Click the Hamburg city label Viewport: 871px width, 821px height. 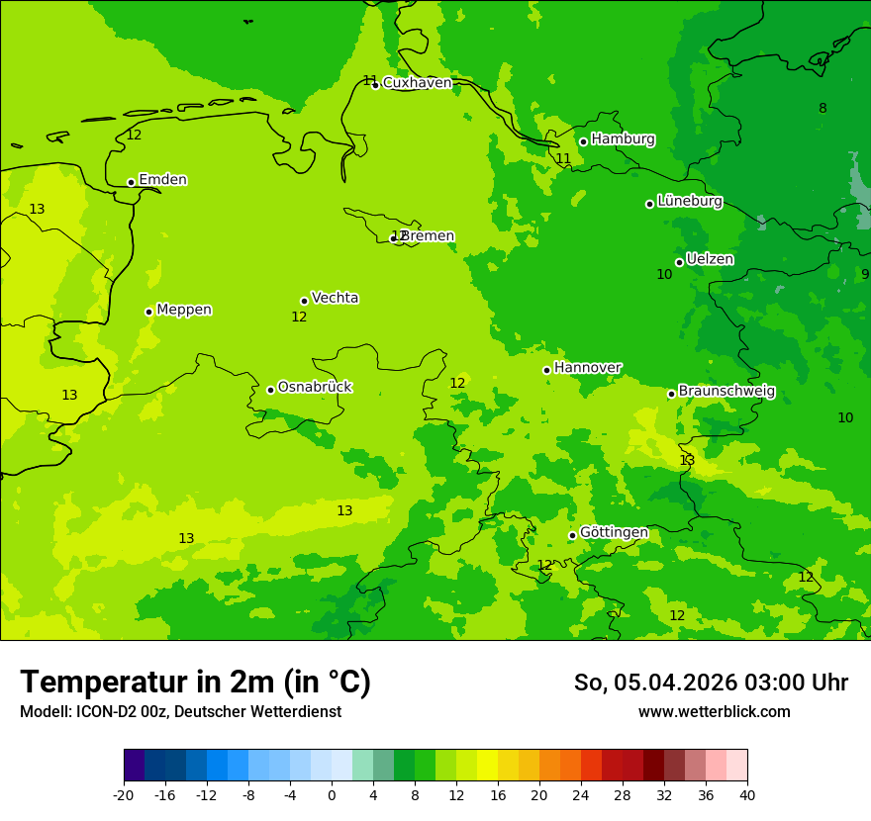click(623, 139)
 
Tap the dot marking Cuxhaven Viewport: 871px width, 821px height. click(375, 85)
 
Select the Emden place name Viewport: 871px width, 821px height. click(162, 180)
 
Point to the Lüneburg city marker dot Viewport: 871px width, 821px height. click(649, 204)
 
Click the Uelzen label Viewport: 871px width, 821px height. click(710, 259)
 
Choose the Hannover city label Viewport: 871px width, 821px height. click(587, 368)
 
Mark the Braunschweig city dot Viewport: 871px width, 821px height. click(671, 394)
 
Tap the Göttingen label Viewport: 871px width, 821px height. click(614, 533)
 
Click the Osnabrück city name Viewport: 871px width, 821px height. click(314, 387)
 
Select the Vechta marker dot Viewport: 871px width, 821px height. click(304, 301)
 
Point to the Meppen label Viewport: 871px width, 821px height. click(184, 310)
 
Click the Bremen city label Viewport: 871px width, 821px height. click(427, 236)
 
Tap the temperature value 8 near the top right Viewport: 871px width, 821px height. click(823, 108)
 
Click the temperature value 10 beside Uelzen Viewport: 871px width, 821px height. click(664, 274)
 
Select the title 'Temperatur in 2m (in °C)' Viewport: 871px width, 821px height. click(195, 682)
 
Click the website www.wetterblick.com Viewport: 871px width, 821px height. click(714, 712)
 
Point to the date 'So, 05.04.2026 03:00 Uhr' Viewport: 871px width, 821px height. click(711, 683)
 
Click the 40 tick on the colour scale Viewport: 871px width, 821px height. click(747, 793)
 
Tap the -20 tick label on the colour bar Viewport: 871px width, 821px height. click(123, 793)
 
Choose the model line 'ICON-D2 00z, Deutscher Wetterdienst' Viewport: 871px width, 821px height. click(180, 712)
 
